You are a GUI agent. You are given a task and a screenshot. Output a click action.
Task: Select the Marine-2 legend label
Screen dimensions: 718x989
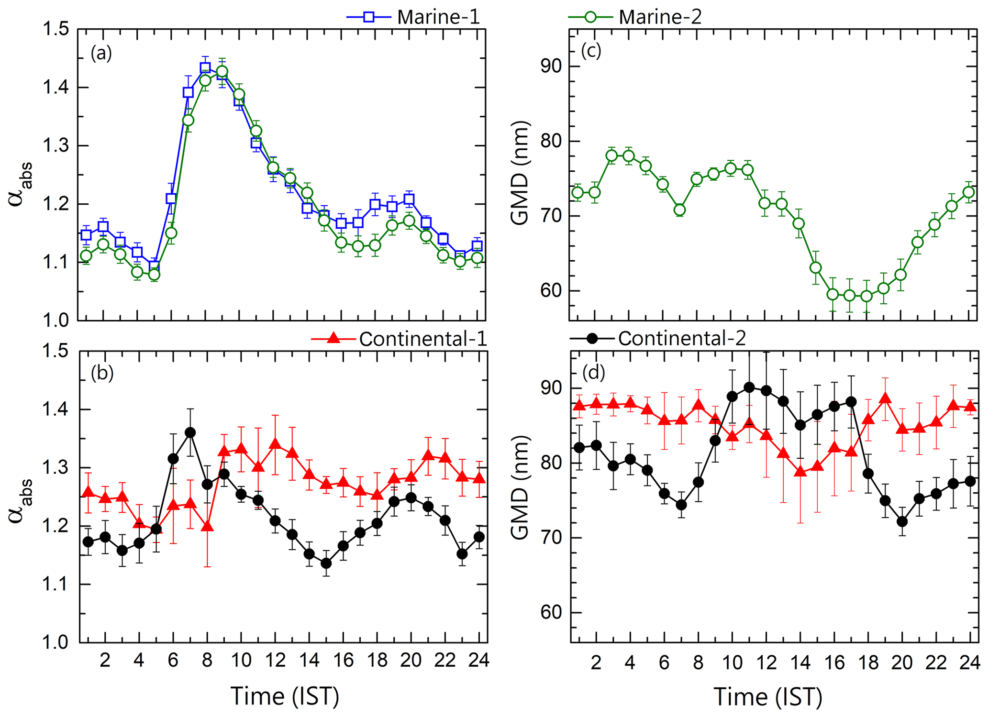(x=660, y=17)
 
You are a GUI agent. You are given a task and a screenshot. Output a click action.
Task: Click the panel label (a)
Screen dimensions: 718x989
(x=101, y=53)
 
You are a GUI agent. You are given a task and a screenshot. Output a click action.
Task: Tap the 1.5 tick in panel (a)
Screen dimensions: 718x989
(x=56, y=30)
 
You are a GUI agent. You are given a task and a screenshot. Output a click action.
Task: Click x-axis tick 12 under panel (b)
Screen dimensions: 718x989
(x=275, y=661)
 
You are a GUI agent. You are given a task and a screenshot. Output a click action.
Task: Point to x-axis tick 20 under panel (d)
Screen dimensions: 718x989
(x=902, y=663)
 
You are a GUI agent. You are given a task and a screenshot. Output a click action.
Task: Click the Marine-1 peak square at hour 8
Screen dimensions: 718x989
(x=205, y=68)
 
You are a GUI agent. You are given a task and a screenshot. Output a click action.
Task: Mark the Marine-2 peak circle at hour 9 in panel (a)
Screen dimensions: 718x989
(x=222, y=72)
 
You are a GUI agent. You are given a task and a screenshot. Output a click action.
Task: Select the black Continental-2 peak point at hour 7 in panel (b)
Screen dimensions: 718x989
(x=190, y=432)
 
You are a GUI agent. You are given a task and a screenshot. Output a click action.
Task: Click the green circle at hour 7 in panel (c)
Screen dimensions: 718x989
(x=679, y=210)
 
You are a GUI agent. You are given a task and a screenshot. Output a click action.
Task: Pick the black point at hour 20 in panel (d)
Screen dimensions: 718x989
(x=902, y=521)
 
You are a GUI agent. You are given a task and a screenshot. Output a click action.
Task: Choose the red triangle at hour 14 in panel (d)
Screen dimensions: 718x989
(x=800, y=472)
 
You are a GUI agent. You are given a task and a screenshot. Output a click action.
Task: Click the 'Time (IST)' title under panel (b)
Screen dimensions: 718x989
(x=285, y=696)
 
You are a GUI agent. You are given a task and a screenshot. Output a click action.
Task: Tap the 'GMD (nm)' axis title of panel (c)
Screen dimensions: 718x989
(x=520, y=173)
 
